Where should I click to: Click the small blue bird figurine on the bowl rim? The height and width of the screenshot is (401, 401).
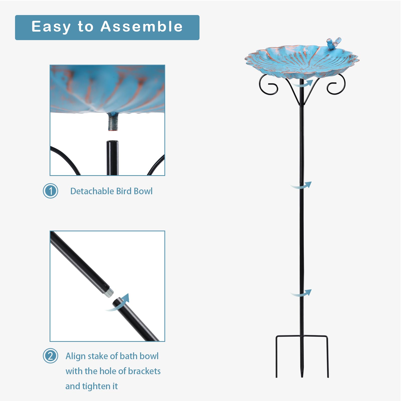pos(334,43)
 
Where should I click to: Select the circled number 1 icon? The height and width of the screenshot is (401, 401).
pos(50,191)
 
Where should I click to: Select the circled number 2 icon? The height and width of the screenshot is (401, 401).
pos(50,356)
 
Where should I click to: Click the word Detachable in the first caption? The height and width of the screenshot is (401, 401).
pos(92,191)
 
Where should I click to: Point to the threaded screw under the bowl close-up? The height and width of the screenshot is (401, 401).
pos(113,122)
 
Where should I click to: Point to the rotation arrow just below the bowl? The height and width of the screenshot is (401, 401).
pos(303,84)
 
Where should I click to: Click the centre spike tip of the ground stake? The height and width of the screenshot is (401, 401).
pos(302,376)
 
